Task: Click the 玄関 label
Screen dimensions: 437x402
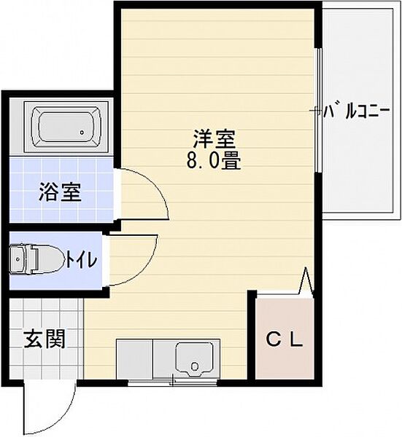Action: coord(43,339)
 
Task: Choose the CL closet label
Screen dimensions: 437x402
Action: coord(283,339)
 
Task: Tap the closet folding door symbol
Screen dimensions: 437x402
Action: coord(305,281)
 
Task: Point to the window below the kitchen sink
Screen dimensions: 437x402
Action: coord(172,381)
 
